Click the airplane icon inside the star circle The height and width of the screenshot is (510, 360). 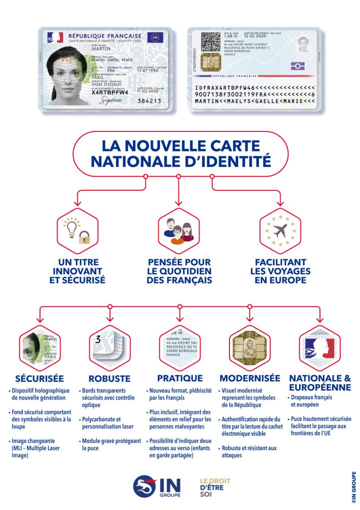(279, 230)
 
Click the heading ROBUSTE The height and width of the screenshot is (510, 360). (109, 378)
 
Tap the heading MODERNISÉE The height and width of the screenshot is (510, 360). (249, 378)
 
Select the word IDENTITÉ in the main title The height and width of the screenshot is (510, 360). (218, 161)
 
